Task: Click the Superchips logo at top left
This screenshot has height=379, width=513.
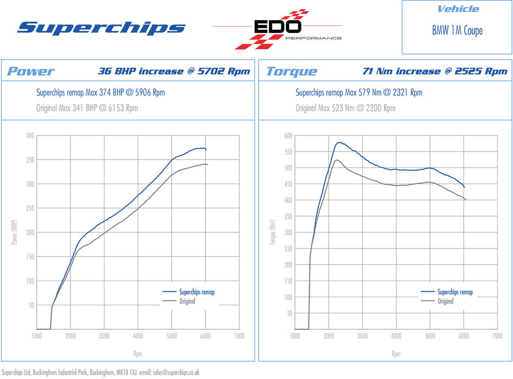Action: tap(101, 28)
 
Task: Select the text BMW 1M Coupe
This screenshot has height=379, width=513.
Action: tap(457, 30)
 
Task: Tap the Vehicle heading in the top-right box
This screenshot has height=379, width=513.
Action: tap(458, 9)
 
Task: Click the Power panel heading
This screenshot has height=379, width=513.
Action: tap(30, 71)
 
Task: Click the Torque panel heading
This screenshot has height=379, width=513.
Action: tap(292, 71)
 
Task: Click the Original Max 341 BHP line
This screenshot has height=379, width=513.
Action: tap(87, 108)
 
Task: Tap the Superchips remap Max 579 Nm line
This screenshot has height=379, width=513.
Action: tap(358, 93)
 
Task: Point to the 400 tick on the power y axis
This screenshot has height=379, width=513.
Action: tap(30, 135)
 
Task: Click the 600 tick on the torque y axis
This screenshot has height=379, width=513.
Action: tap(288, 135)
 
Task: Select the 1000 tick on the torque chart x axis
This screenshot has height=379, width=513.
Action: tap(295, 336)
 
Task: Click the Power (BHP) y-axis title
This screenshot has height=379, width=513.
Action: tap(14, 232)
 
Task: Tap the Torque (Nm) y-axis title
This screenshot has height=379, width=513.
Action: tap(272, 232)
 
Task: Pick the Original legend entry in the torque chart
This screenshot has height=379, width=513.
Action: tap(446, 301)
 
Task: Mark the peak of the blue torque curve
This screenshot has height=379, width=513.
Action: tap(338, 142)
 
